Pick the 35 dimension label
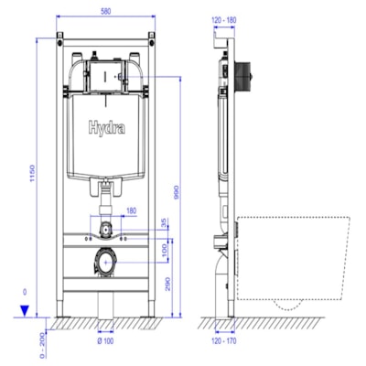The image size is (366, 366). (165, 222)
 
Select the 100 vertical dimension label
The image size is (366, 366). (165, 250)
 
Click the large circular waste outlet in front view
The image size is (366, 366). (106, 262)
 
